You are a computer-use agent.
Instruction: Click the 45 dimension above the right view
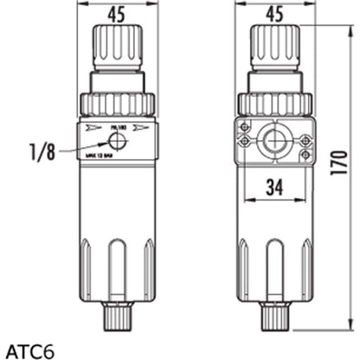(x=274, y=13)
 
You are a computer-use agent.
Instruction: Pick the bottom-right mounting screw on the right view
(x=305, y=156)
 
